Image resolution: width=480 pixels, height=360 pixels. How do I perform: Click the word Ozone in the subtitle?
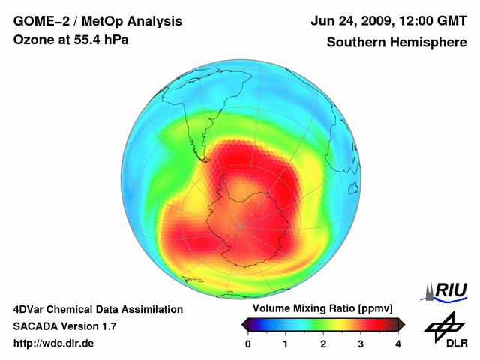[31, 40]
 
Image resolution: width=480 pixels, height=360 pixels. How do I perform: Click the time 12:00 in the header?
[414, 21]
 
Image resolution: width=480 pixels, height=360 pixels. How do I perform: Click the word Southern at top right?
[355, 43]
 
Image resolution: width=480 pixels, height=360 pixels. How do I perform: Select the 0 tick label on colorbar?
[248, 343]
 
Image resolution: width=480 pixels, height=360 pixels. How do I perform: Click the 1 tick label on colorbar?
[286, 343]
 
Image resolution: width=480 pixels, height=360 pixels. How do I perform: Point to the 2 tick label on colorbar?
[323, 343]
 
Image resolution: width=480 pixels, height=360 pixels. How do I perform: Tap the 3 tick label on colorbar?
[361, 343]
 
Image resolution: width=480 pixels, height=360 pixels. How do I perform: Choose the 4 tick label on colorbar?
[398, 343]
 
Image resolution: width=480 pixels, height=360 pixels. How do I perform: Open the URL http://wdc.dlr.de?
[53, 343]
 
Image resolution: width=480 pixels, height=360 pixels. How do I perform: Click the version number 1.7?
[107, 326]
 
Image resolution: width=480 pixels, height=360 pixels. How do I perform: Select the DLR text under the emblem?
[447, 343]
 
